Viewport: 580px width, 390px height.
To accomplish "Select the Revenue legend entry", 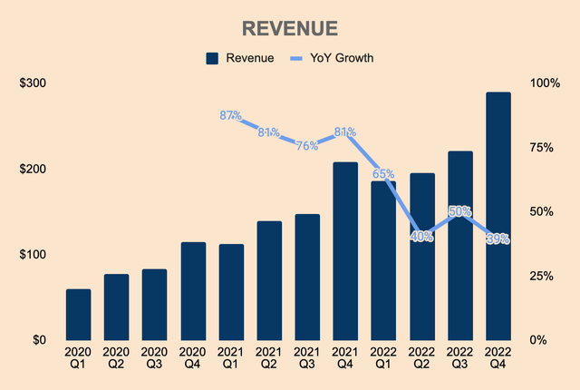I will click(239, 58).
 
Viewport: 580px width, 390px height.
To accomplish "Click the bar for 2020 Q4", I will click(192, 291).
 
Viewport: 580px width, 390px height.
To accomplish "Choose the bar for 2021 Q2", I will click(269, 280).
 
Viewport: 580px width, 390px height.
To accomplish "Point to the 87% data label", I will click(231, 116).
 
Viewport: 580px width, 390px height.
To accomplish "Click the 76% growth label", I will click(307, 145).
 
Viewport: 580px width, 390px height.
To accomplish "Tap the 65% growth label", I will click(383, 173).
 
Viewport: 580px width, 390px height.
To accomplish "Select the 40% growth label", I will click(421, 237).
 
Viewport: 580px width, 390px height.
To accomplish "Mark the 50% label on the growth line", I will click(459, 211).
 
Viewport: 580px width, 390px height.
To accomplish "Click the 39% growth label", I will click(498, 239).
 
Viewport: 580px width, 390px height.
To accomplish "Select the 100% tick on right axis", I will click(545, 83).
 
